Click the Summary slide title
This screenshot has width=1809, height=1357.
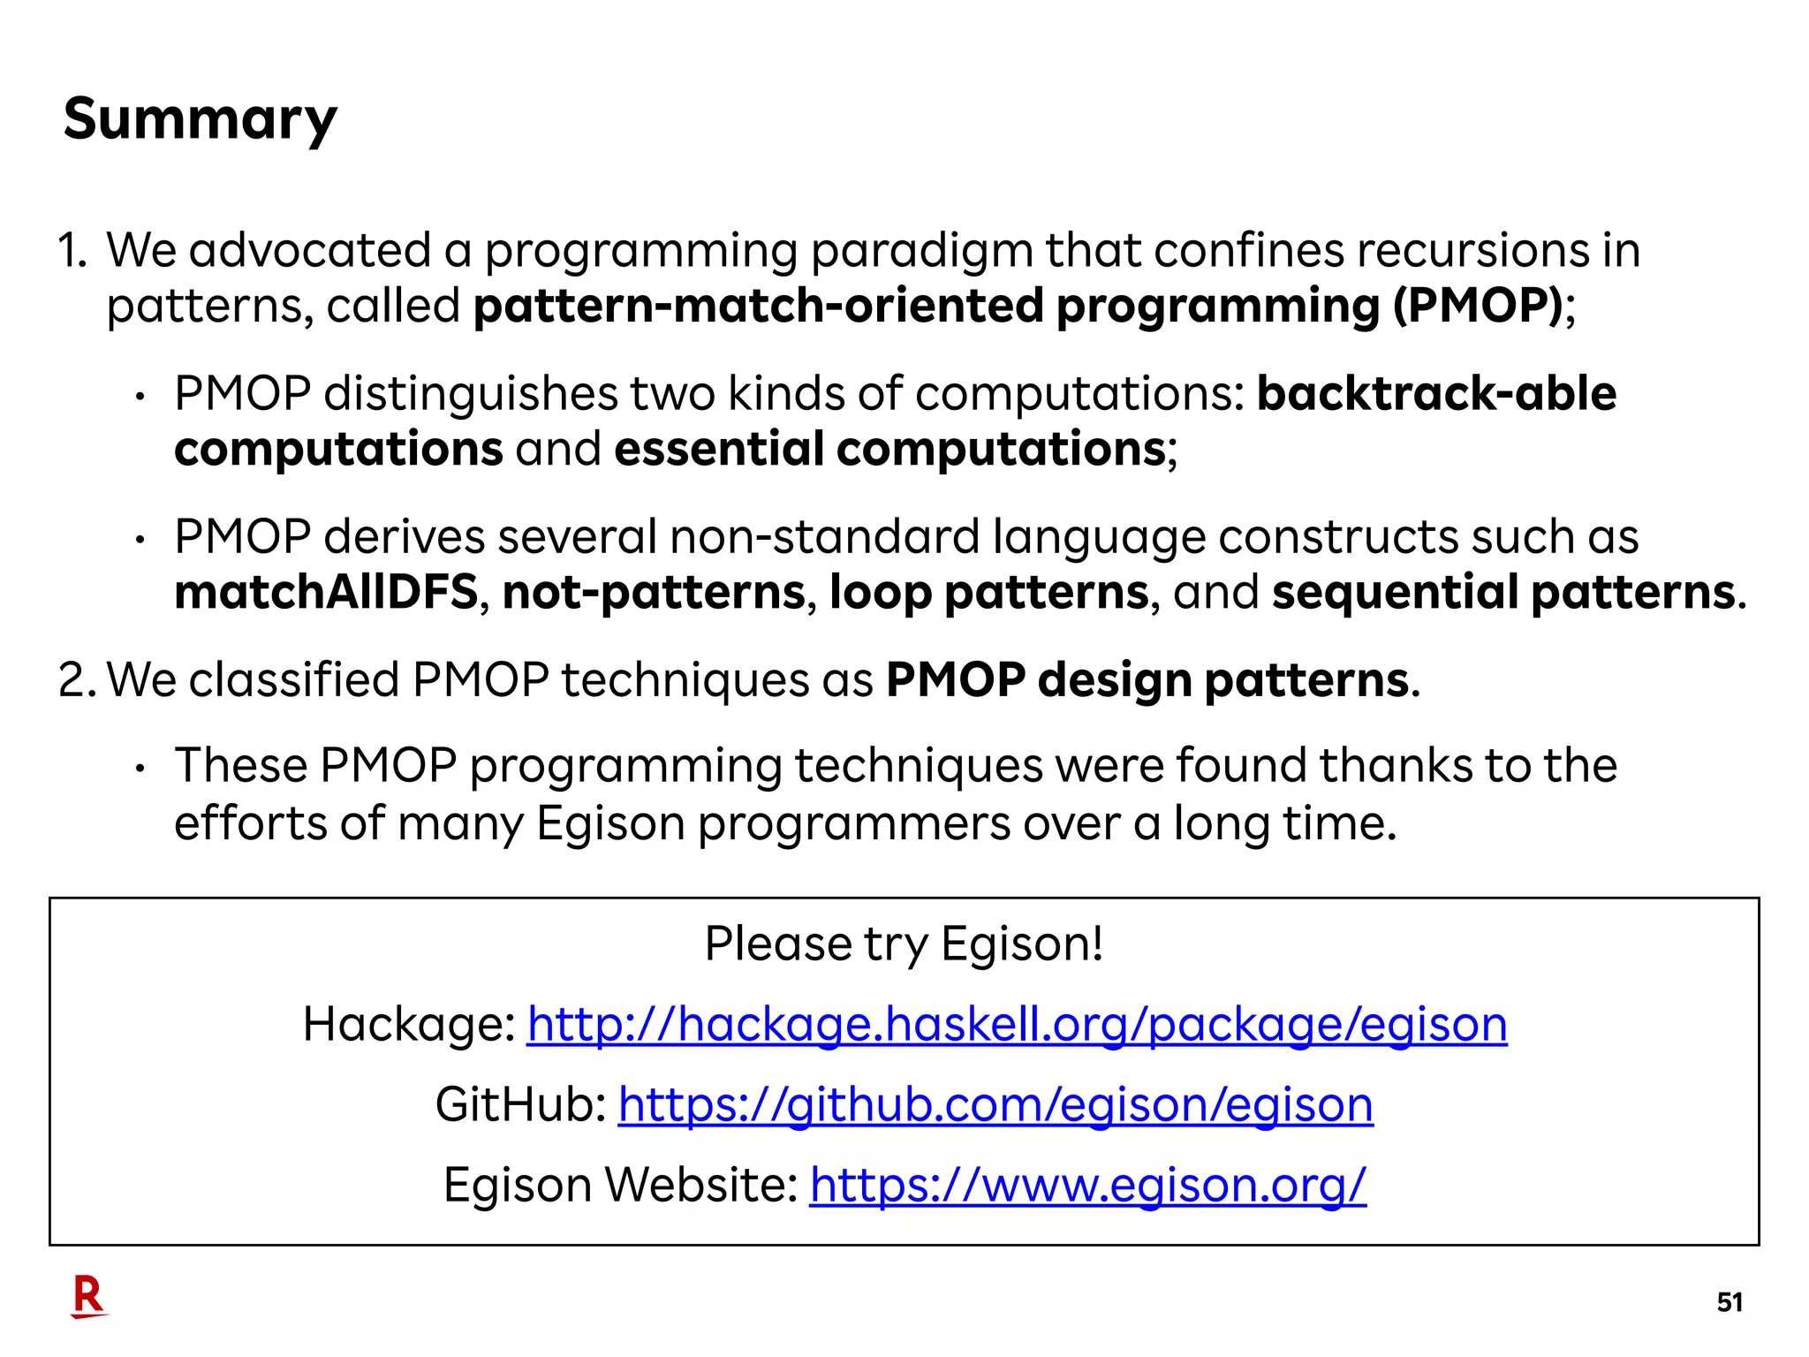200,119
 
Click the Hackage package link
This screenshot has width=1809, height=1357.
1017,1025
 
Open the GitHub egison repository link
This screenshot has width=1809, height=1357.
995,1105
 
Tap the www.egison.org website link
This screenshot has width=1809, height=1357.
1087,1185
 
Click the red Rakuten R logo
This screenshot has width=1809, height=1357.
88,1297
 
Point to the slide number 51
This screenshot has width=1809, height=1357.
1729,1302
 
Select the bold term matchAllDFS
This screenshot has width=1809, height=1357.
326,592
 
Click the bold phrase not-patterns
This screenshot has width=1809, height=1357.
654,592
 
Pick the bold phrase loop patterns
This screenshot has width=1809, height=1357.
989,592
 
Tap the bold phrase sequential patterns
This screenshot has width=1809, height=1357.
1503,592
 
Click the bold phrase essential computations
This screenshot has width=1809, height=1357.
889,449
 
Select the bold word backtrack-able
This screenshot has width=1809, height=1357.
1436,394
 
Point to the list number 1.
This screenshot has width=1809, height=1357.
71,251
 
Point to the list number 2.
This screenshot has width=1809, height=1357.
75,680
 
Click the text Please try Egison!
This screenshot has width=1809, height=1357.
904,944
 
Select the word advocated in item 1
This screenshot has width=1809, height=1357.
309,251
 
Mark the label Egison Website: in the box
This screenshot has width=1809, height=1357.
620,1185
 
